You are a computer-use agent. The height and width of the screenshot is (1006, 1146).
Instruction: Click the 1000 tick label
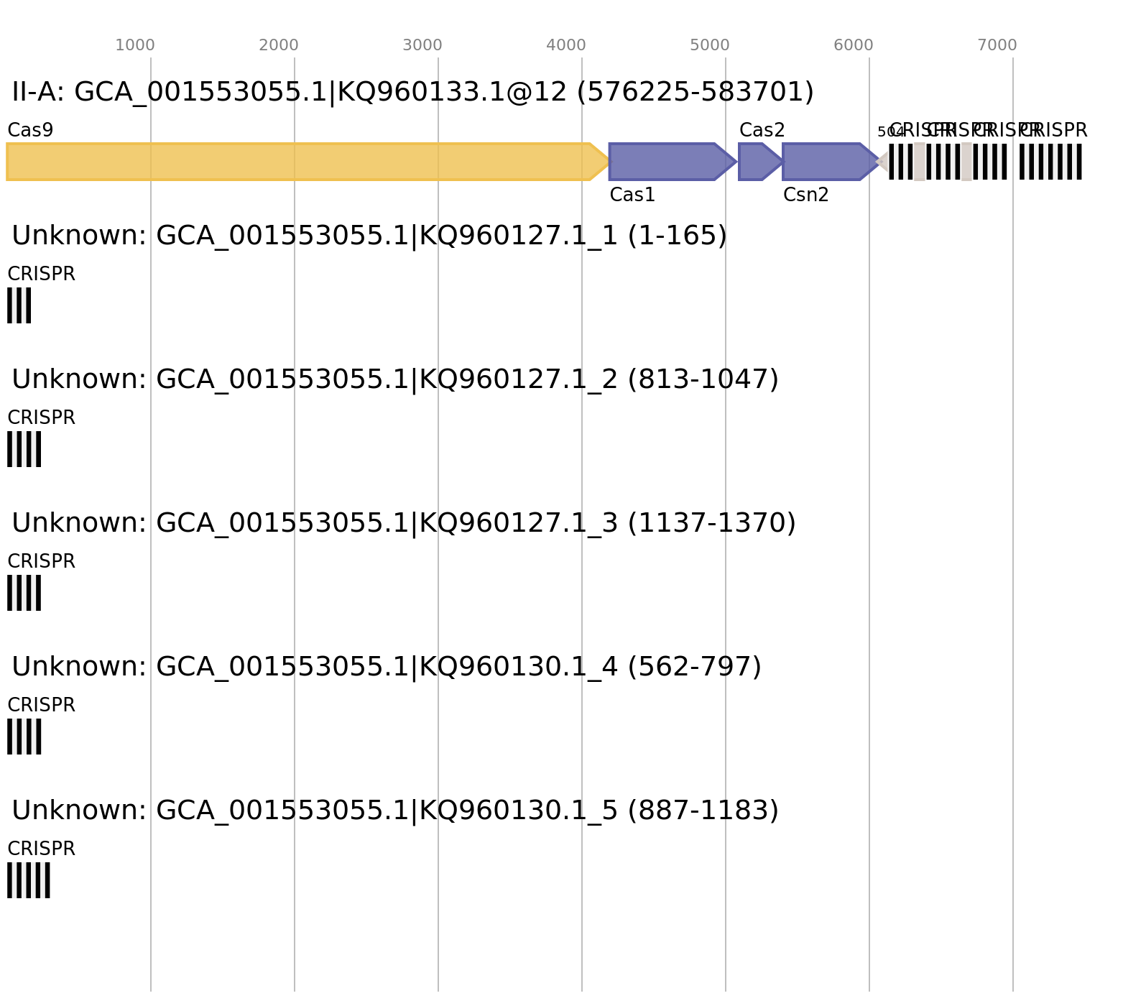tap(135, 45)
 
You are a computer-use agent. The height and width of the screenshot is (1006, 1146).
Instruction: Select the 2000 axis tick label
tap(278, 45)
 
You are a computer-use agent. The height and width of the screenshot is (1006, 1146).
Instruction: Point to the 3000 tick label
tap(422, 45)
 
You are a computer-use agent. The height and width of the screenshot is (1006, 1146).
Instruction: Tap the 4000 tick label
tap(565, 45)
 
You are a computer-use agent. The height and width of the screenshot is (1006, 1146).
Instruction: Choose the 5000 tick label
tap(709, 45)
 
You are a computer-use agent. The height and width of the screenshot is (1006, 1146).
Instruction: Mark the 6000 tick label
tap(853, 45)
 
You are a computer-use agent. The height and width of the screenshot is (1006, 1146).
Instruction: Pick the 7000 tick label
tap(997, 45)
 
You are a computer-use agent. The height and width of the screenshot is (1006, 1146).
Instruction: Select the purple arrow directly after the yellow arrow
tap(668, 162)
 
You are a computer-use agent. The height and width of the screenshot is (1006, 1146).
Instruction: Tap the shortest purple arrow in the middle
tap(756, 162)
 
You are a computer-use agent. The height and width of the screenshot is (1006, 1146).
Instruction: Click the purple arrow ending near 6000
tap(826, 162)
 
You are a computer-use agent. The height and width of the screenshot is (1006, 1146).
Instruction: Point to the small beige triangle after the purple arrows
tap(883, 162)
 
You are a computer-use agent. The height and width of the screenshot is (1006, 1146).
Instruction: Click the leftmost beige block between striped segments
tap(920, 162)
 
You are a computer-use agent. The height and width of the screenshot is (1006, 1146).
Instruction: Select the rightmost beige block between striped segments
tap(966, 162)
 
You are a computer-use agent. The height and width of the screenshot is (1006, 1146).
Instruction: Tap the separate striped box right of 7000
tap(1050, 162)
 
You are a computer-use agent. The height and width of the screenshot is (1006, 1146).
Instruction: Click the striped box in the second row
tap(19, 305)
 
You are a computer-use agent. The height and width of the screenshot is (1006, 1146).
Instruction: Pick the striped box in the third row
tap(24, 449)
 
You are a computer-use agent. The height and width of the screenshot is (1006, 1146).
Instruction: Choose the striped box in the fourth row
tap(24, 593)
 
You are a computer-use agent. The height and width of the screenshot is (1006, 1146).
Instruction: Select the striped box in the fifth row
tap(24, 737)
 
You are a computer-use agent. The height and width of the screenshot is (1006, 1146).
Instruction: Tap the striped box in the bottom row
tap(29, 880)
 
